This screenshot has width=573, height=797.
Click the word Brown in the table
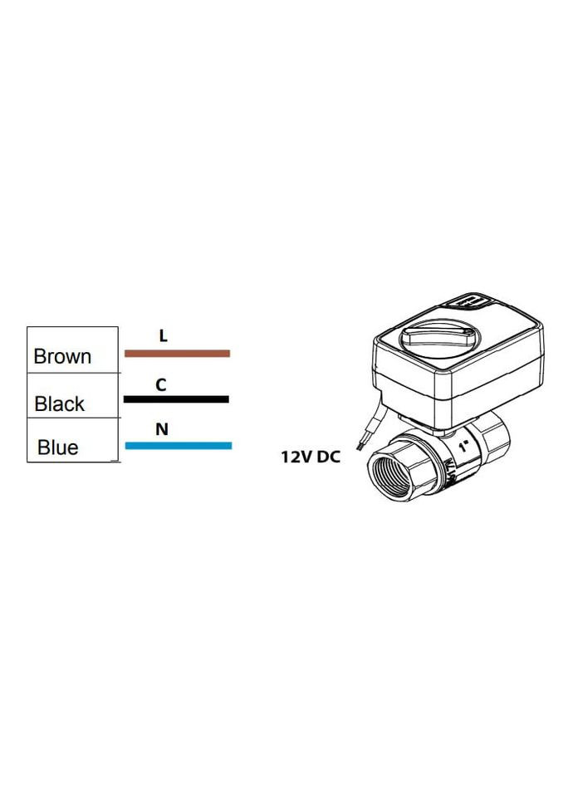point(62,357)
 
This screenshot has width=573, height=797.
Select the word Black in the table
point(60,404)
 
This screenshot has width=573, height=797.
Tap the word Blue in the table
point(58,447)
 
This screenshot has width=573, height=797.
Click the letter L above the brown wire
point(164,336)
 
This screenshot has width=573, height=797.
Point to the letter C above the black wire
point(161,384)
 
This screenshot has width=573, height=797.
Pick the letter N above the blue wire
point(162,429)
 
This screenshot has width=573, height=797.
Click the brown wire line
point(177,353)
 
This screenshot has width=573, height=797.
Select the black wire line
point(176,399)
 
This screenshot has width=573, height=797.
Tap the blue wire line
point(178,446)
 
